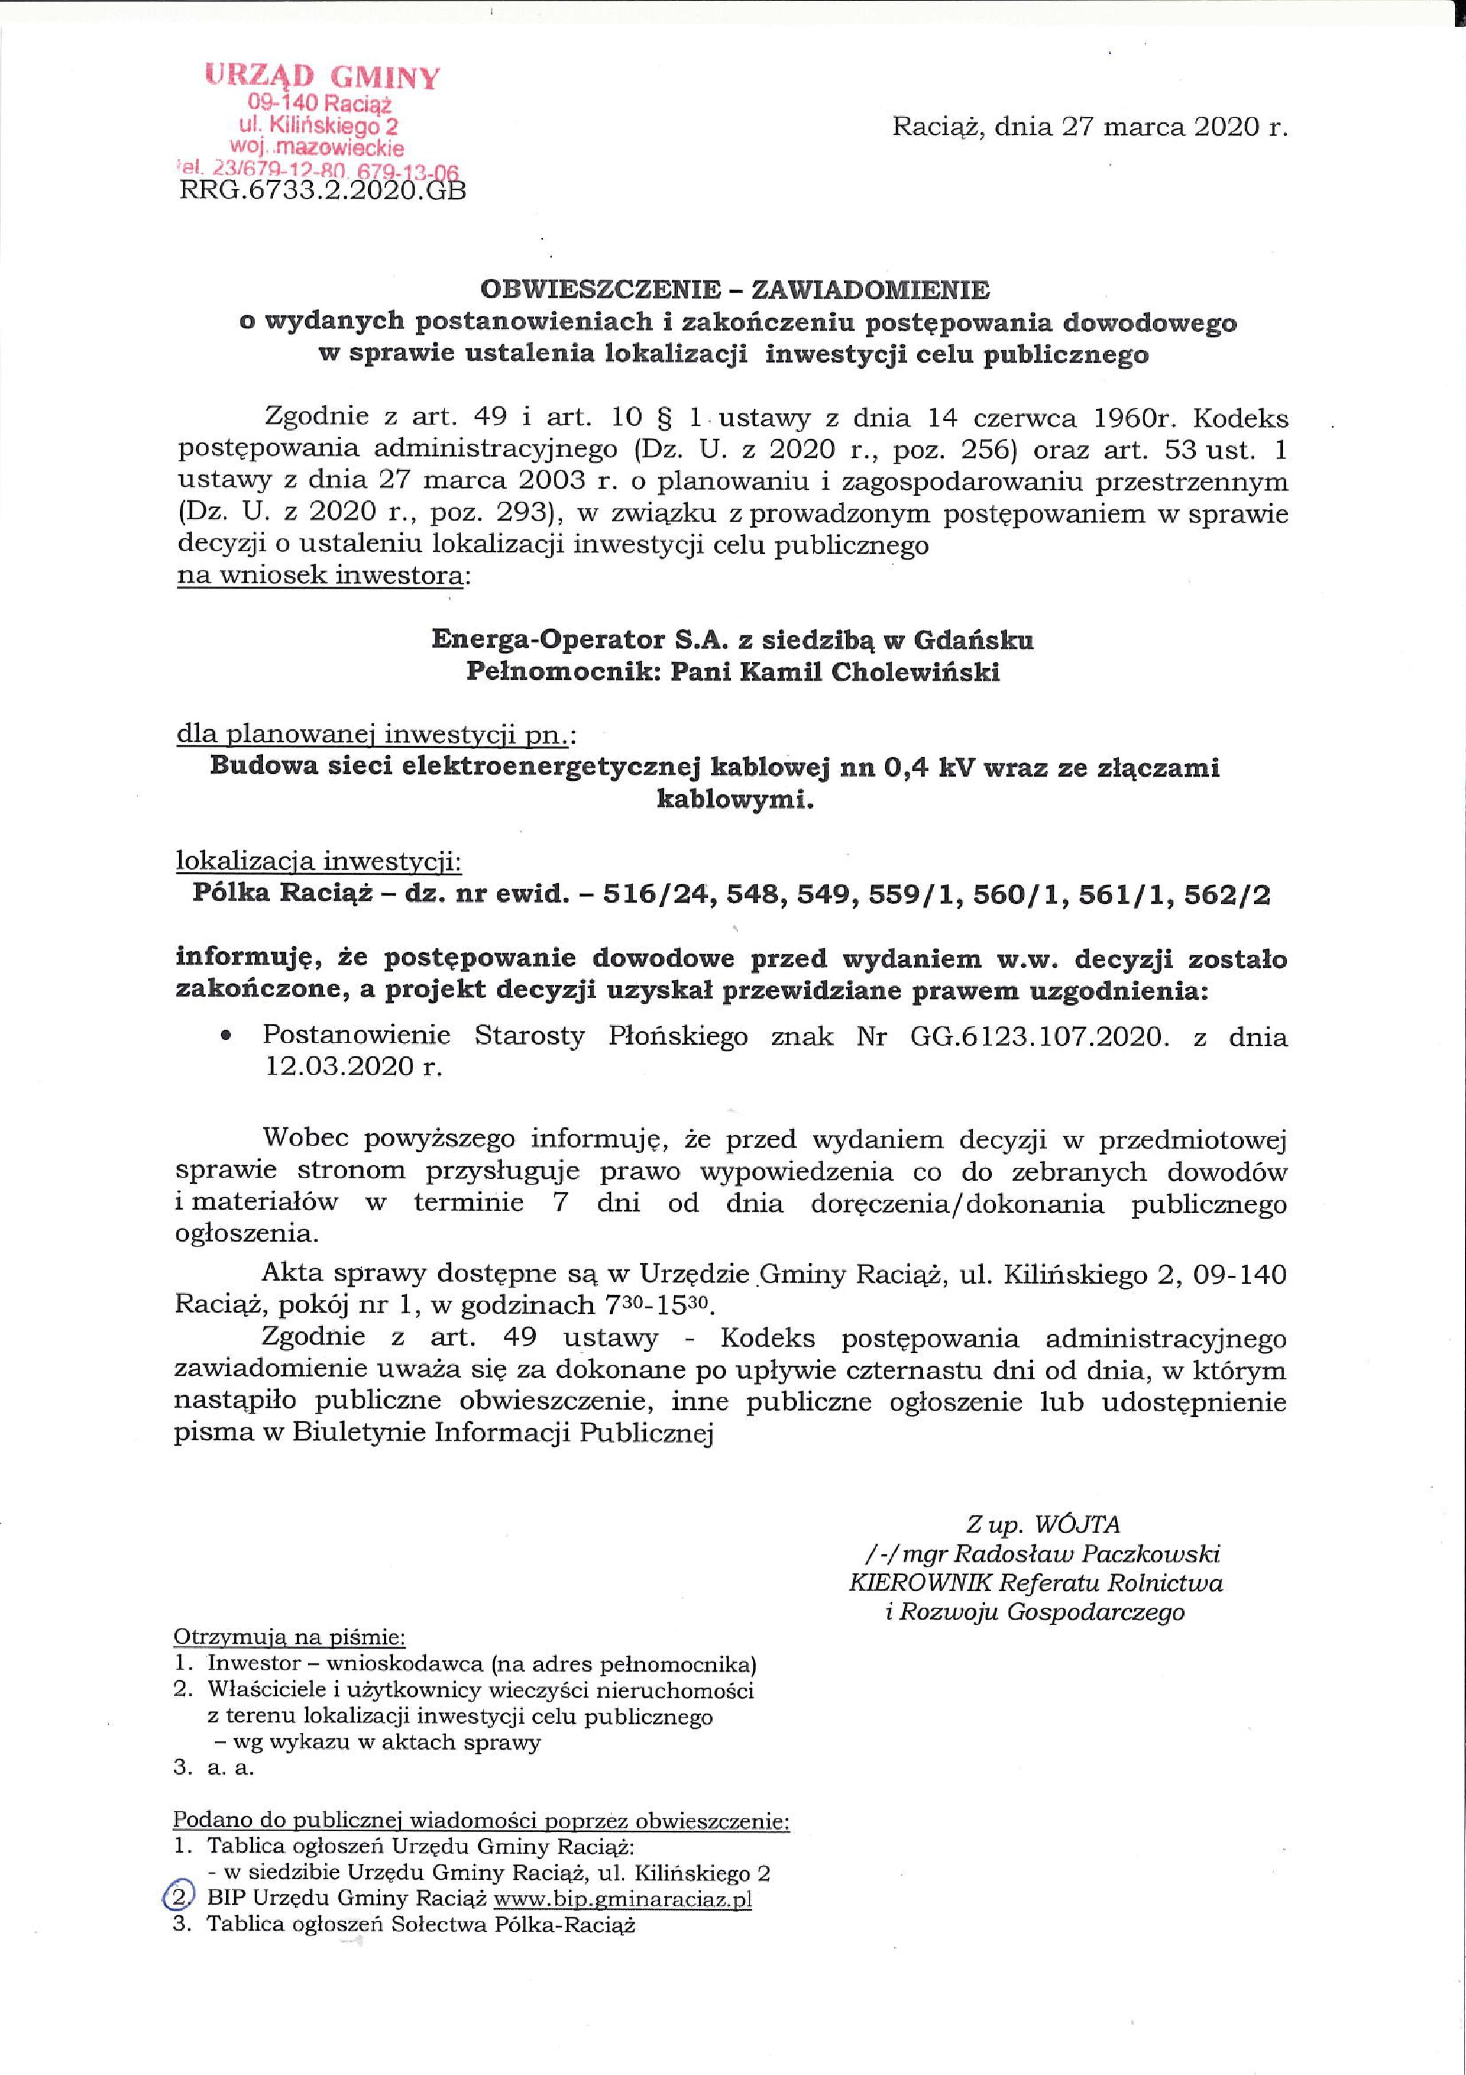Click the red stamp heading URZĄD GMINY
point(322,77)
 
